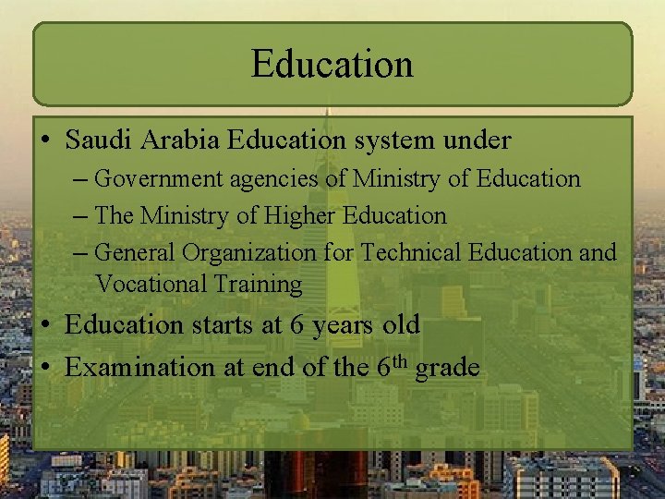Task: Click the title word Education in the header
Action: tap(332, 65)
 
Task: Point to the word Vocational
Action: tap(151, 285)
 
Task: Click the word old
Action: tap(401, 325)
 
